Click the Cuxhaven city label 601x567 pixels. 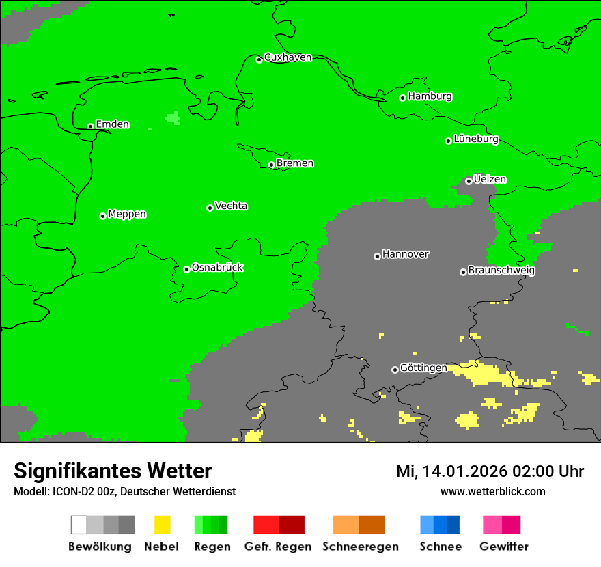coord(288,57)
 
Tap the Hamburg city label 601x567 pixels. coord(430,96)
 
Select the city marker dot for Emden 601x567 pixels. coord(90,126)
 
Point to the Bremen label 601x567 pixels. coord(295,163)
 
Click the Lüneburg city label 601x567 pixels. coord(476,139)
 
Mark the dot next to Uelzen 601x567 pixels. coord(469,181)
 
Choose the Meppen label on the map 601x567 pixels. coord(127,215)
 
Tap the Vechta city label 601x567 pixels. coord(231,206)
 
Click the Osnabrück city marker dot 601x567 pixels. coord(186,269)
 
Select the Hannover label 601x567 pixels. coord(406,254)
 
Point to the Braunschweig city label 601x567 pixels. coord(501,271)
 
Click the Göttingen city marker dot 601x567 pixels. coord(395,370)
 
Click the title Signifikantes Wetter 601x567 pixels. coord(113,471)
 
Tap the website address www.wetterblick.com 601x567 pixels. coord(492,491)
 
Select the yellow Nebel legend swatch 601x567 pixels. coord(162,525)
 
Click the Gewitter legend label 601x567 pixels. coord(504,547)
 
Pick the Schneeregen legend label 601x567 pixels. coord(360,547)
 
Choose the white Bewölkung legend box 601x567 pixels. coord(79,525)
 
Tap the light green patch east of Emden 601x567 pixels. coord(173,118)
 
